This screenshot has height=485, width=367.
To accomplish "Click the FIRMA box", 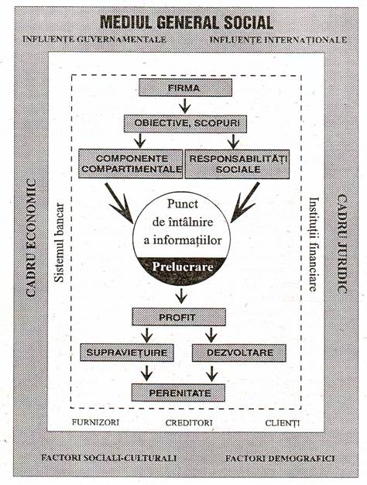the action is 185,88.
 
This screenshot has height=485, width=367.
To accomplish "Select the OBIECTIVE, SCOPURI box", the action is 186,124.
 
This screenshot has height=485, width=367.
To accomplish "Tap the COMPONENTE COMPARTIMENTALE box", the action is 131,163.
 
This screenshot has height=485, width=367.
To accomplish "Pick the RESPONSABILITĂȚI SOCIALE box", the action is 237,164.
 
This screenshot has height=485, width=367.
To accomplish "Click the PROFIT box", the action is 179,317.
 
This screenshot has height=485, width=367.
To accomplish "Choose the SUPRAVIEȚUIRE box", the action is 127,353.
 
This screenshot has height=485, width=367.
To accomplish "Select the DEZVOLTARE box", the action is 239,353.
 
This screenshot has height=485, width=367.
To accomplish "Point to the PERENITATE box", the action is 178,393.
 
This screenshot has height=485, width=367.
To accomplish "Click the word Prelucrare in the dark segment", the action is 183,267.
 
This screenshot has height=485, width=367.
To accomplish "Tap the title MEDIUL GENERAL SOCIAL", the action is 187,22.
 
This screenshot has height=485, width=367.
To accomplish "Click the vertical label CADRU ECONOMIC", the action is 31,238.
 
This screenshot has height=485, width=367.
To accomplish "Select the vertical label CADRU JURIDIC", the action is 341,244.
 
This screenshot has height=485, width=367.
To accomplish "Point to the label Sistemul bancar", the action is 59,242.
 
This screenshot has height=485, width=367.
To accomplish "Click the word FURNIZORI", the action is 95,422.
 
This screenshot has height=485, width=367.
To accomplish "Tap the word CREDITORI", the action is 189,423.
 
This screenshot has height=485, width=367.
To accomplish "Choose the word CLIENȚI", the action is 283,423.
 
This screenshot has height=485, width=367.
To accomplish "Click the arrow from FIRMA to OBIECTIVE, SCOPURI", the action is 185,106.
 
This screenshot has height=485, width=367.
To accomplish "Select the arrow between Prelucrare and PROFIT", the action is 181,296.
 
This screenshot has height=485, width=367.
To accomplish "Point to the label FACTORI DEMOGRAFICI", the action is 280,458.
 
